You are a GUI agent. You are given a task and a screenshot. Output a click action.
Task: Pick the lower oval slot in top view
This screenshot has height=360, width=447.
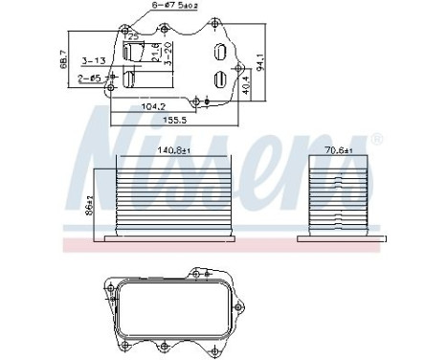tap(220, 80)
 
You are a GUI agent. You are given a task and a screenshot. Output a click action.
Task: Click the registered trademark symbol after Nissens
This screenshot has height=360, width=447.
tap(377, 140)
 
